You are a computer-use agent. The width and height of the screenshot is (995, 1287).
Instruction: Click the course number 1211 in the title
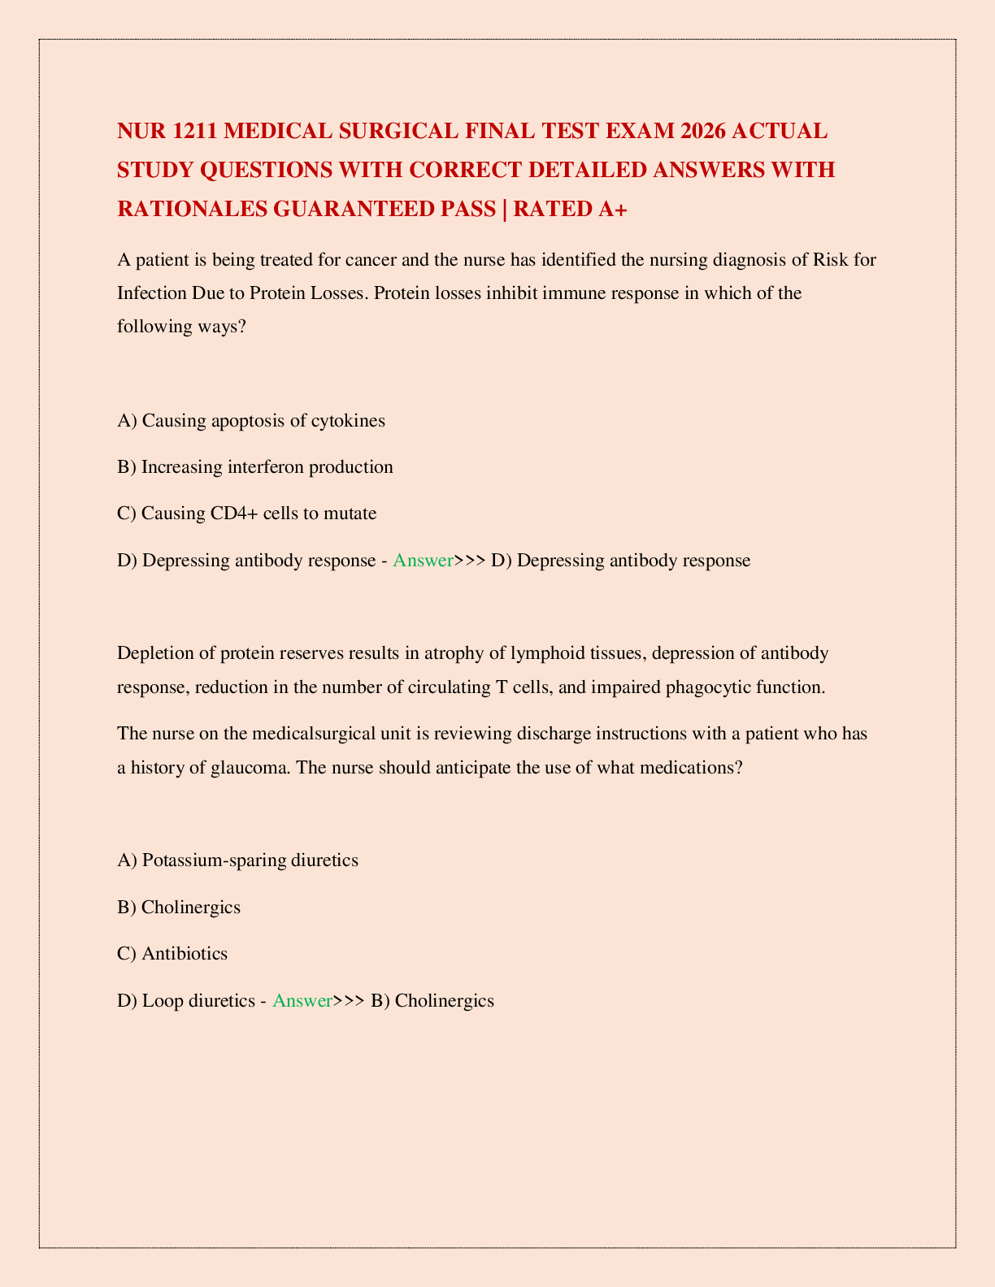point(193,131)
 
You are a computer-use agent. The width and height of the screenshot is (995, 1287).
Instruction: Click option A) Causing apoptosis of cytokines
point(251,420)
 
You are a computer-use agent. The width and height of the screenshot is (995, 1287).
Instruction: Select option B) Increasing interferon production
point(255,466)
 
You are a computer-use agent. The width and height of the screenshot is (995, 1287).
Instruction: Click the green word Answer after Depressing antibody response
point(422,560)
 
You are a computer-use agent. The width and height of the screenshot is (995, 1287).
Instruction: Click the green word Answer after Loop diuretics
point(302,1000)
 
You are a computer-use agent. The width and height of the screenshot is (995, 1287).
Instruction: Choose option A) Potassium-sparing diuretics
point(237,860)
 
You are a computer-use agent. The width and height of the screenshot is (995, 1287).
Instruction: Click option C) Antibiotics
point(172,953)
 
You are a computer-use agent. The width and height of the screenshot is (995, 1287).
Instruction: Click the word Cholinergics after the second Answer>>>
point(444,1000)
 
